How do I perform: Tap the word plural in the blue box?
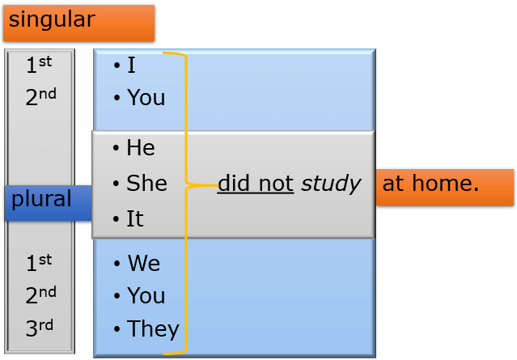coord(41,200)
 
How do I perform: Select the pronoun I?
coord(131,65)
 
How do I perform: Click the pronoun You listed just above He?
coord(146,97)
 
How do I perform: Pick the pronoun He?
coord(141,147)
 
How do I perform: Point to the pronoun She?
coord(146,183)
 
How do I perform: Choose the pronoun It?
coord(135,218)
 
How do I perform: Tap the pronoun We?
coord(144,263)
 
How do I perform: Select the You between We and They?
coord(146,295)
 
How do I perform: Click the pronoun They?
coord(153,329)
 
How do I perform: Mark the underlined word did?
coord(234,183)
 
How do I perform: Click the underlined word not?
coord(276,184)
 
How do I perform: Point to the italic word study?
coord(331,184)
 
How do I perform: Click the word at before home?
coord(393,184)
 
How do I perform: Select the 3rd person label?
coord(39,328)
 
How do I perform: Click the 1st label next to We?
coord(39,263)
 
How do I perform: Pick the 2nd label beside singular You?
coord(41,96)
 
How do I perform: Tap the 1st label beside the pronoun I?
coord(39,64)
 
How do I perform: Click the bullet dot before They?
coord(117,329)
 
